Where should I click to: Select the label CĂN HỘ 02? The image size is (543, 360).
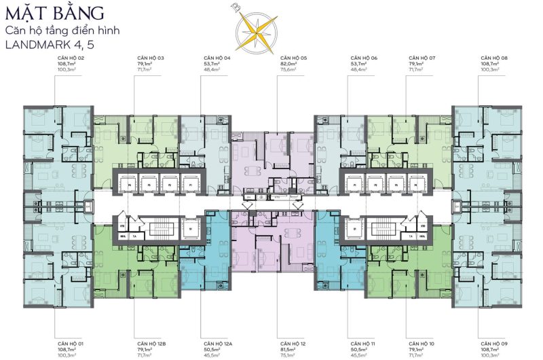71,59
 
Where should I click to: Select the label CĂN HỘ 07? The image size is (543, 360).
422,59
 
